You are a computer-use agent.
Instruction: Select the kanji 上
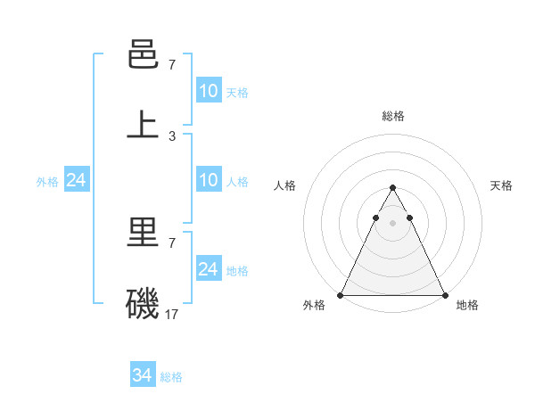coord(143,124)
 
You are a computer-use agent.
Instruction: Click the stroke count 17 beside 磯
coord(172,314)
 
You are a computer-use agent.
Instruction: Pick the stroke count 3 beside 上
coord(172,136)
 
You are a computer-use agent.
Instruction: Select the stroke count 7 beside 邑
coord(172,65)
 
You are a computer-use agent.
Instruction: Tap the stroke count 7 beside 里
coord(172,242)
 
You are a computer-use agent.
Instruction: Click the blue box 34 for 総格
coord(143,375)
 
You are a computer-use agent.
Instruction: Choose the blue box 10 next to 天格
coord(208,90)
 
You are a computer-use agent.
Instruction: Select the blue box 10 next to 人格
coord(208,180)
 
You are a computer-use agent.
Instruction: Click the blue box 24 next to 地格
coord(208,268)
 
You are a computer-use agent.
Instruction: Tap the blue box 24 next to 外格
coord(76,180)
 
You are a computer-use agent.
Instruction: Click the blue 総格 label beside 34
coord(171,377)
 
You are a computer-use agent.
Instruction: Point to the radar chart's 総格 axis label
coord(392,116)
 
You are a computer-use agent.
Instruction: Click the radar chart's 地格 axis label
coord(467,305)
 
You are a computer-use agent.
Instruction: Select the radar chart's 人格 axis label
coord(285,185)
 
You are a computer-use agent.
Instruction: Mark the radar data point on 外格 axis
coord(341,295)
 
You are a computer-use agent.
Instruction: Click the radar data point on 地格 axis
coord(444,295)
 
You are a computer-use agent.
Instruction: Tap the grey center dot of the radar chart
coord(392,223)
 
